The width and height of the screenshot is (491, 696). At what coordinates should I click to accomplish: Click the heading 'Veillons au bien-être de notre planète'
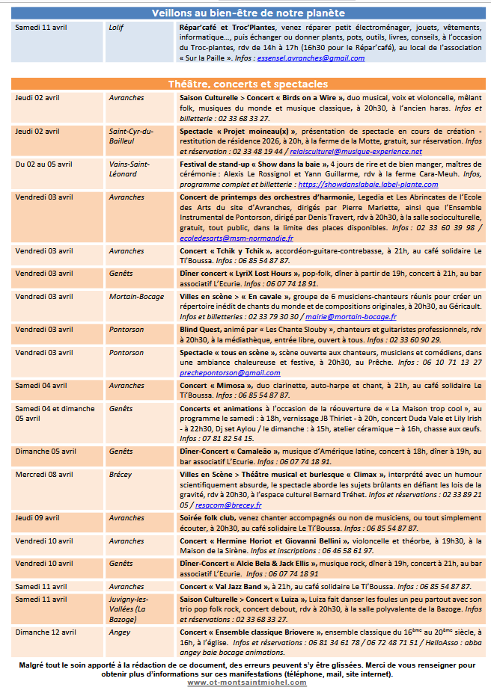pyautogui.click(x=248, y=13)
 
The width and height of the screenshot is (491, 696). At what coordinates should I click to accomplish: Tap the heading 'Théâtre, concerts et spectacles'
pyautogui.click(x=248, y=84)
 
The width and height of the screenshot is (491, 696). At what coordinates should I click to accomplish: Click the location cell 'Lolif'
pyautogui.click(x=116, y=28)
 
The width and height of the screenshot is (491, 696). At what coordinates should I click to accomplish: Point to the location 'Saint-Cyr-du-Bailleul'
pyautogui.click(x=132, y=136)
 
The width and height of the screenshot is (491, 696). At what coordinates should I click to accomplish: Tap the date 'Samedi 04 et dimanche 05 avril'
pyautogui.click(x=55, y=413)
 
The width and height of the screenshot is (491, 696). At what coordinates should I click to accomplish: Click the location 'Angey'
pyautogui.click(x=119, y=632)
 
